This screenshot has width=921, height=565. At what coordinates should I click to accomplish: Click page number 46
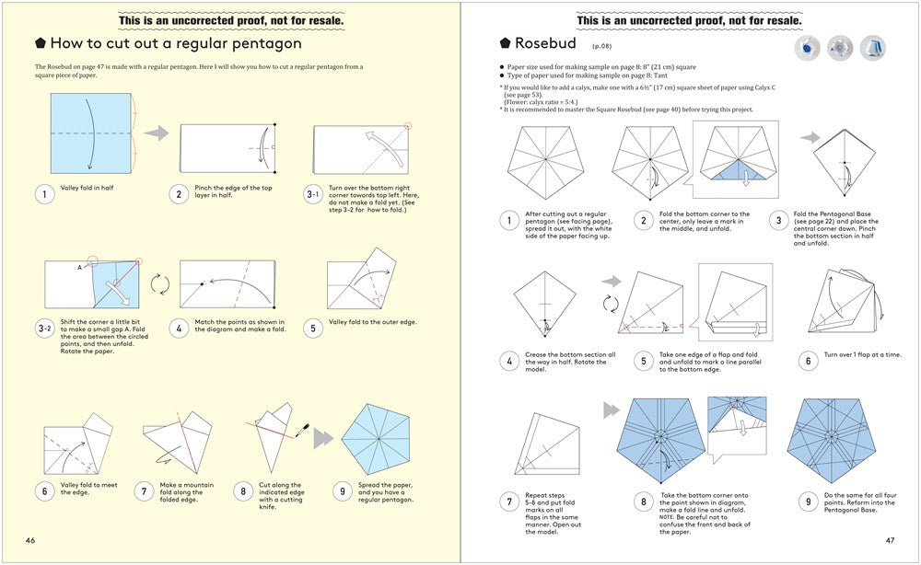(30, 540)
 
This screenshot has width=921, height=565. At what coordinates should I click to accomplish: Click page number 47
(889, 540)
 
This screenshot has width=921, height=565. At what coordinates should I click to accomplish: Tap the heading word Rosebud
(545, 42)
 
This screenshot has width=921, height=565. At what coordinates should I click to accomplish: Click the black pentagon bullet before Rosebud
(505, 42)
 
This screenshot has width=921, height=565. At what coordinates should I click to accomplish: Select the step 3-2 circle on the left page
(44, 328)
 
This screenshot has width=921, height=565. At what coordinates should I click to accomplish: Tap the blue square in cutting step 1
(90, 133)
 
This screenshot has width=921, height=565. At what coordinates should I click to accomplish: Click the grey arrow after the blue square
(157, 133)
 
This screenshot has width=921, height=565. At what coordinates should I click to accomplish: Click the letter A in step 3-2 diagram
(80, 266)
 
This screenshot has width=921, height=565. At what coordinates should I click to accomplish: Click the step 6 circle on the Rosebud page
(808, 361)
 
